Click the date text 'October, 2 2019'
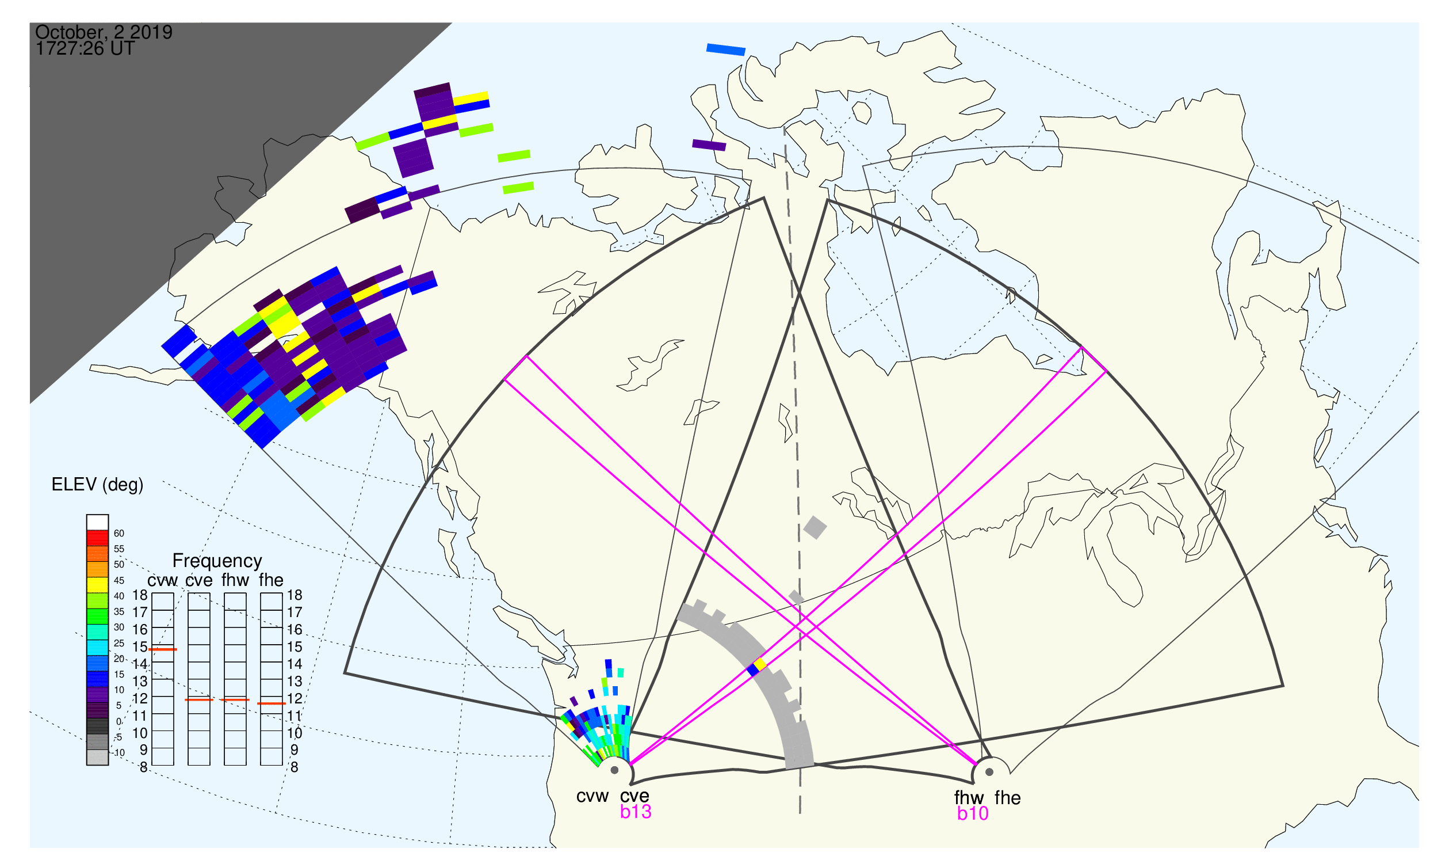[104, 32]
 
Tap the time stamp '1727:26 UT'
[85, 49]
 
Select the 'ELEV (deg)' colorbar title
[97, 485]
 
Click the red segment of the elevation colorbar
[97, 538]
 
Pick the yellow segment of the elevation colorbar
[97, 585]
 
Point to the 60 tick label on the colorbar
[118, 534]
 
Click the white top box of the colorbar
[97, 522]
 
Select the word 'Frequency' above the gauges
[217, 561]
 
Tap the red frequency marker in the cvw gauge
[163, 650]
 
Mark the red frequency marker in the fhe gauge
[271, 703]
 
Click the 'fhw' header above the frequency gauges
[235, 581]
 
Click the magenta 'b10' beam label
[973, 814]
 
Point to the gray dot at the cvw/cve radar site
[614, 771]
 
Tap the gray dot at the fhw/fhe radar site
[990, 772]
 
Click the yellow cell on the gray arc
[760, 664]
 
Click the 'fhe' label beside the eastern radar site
[1008, 798]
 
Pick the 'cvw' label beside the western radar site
[592, 797]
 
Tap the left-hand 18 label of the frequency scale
[140, 595]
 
